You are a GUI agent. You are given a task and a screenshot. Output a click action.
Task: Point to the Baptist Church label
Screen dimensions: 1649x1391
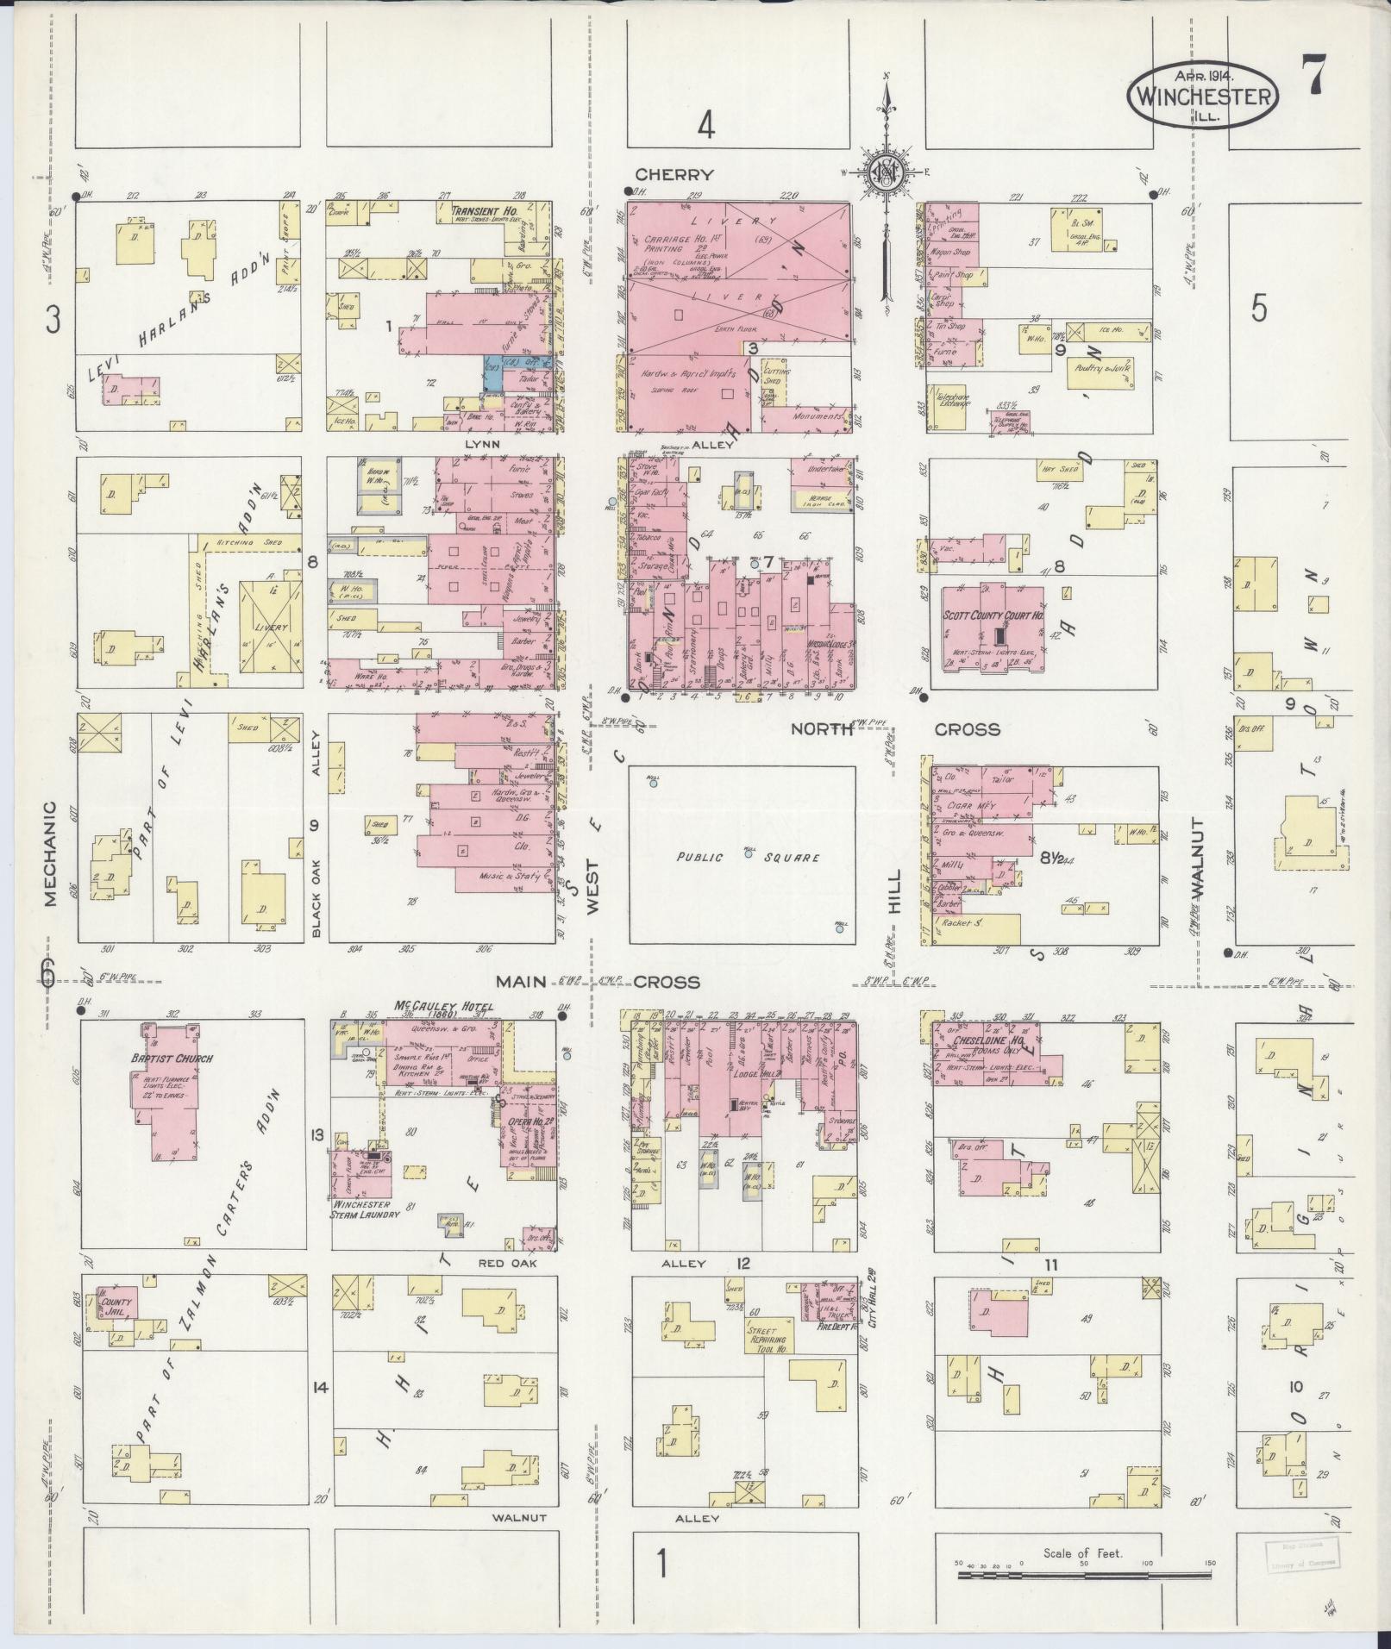coord(172,1059)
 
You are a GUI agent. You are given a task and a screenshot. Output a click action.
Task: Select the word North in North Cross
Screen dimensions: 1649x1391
coord(822,729)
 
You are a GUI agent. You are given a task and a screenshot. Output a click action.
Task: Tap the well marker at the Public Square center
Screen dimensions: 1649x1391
coord(749,854)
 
